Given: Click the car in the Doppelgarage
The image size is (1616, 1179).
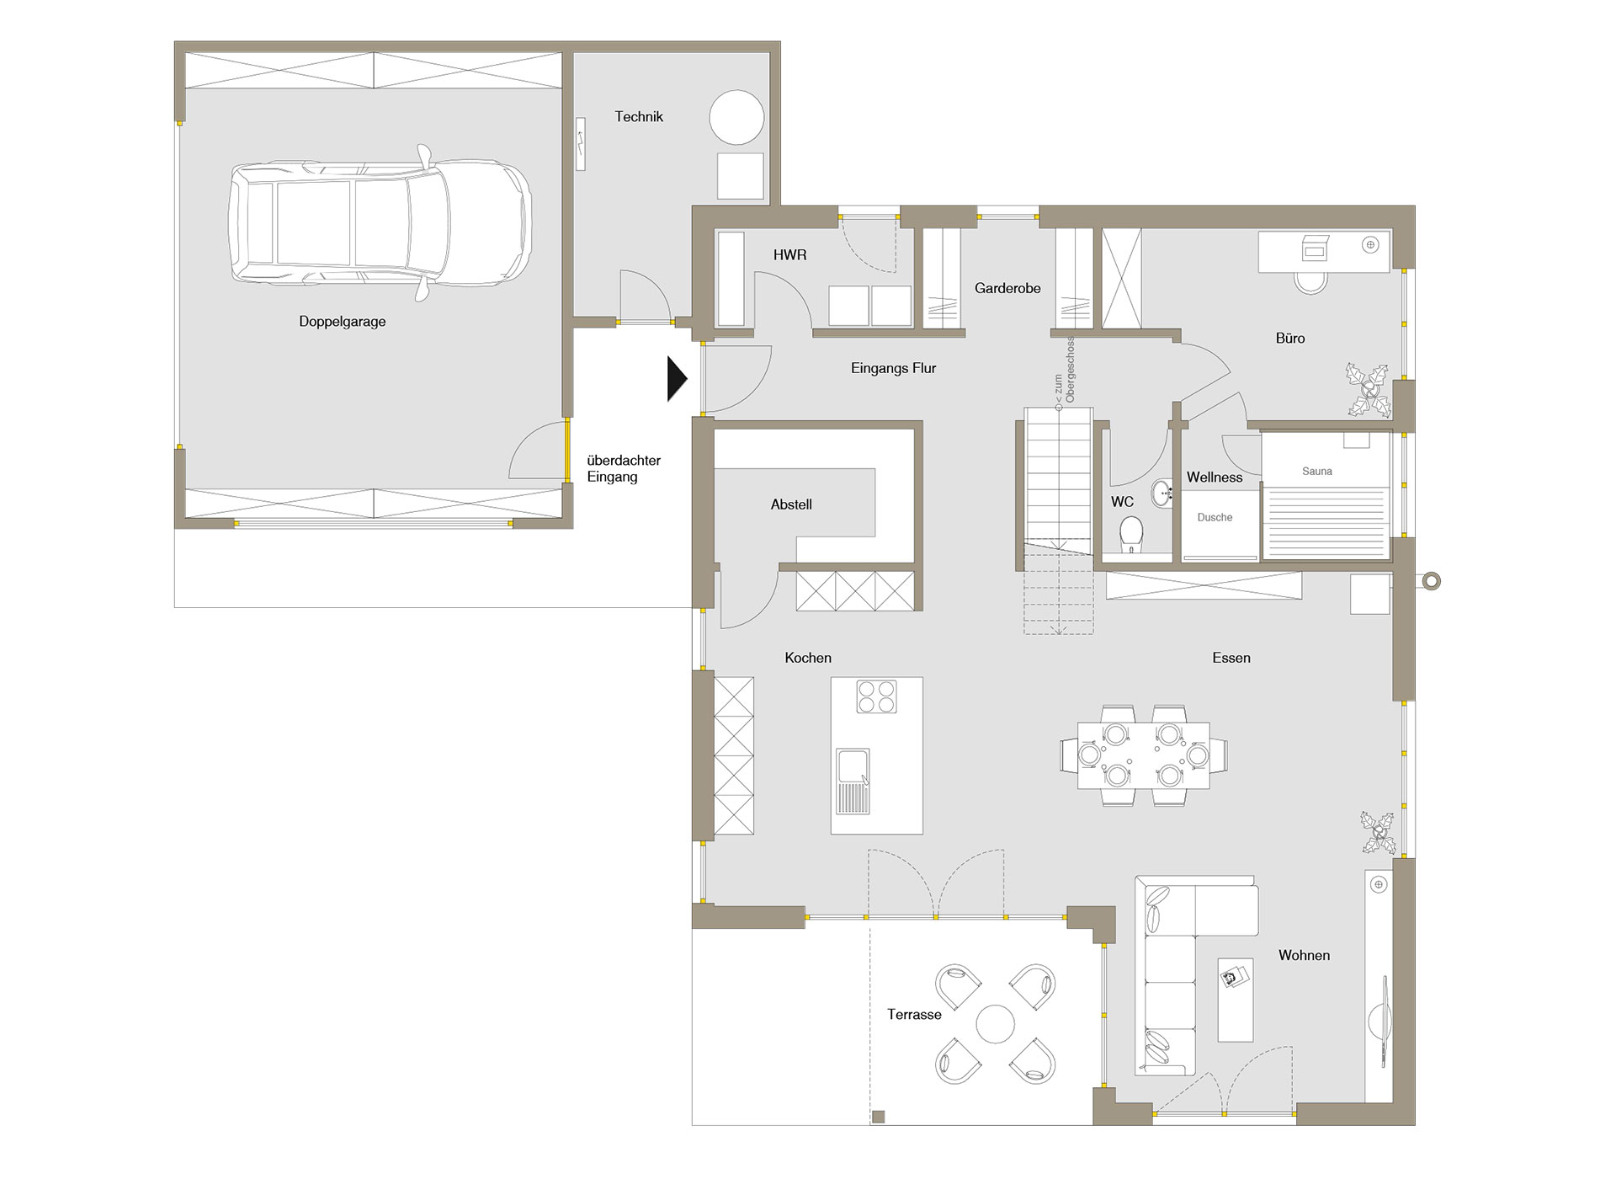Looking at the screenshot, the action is click(x=380, y=223).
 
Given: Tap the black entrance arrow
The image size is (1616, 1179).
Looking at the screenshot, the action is click(x=678, y=379).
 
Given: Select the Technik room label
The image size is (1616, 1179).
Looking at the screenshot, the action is click(x=639, y=117).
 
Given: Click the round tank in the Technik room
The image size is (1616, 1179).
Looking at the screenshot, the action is click(x=736, y=118).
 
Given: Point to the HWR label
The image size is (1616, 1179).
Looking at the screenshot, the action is click(x=789, y=254).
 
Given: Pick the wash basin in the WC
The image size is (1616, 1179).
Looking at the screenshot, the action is click(x=1162, y=493).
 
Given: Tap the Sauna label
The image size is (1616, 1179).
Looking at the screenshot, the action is click(x=1317, y=472).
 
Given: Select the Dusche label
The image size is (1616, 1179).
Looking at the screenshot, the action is click(x=1215, y=518).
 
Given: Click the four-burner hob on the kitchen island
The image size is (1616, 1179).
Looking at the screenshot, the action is click(x=876, y=696).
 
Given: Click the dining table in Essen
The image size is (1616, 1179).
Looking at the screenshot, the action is click(x=1144, y=755).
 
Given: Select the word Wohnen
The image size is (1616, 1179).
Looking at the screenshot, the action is click(x=1304, y=955).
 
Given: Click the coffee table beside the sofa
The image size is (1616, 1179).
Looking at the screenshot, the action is click(x=1236, y=1000).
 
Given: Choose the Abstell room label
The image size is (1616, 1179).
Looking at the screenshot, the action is click(x=791, y=504).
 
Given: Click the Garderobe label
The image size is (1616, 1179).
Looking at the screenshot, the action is click(x=1007, y=288).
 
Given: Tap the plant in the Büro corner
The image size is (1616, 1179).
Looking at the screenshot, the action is click(x=1368, y=389).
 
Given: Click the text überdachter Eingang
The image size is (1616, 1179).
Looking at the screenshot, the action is click(x=624, y=468).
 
